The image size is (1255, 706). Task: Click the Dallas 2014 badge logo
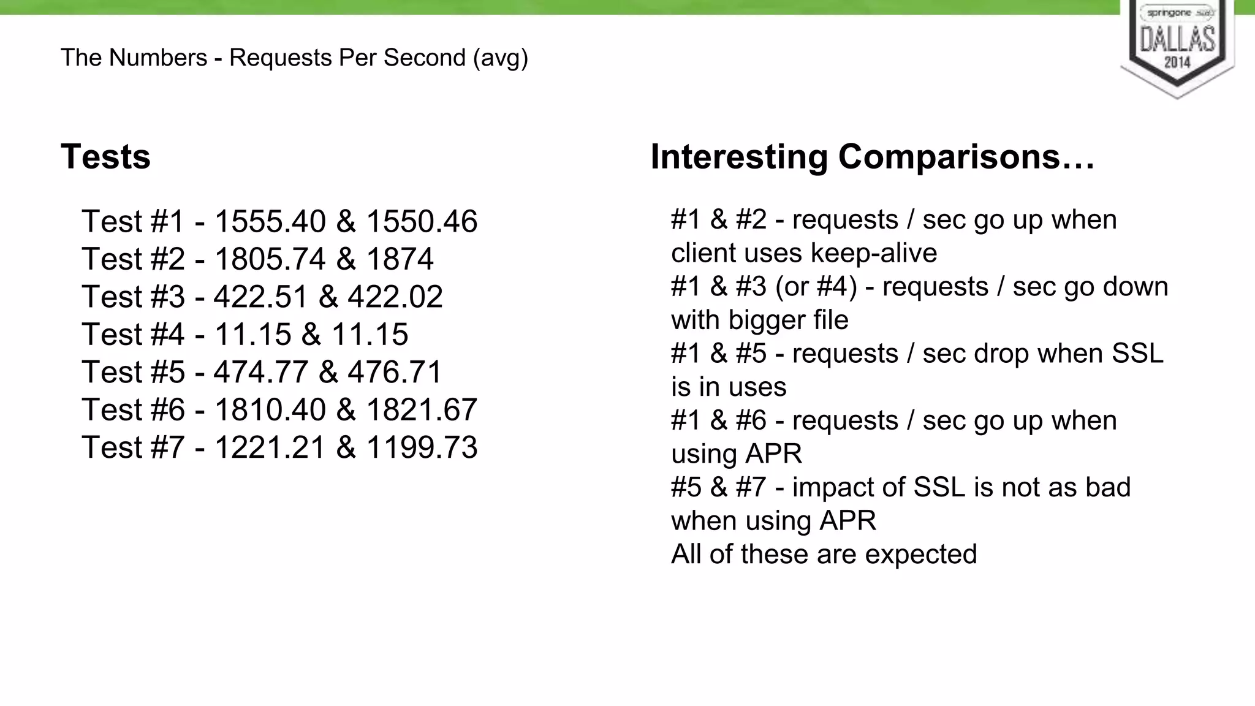(1177, 46)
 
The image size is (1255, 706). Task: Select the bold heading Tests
(105, 156)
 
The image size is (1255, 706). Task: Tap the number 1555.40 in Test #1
(270, 221)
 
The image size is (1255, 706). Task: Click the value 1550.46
(422, 221)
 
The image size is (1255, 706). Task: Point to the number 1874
(400, 259)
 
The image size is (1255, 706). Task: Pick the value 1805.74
(270, 259)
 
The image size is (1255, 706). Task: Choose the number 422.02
(395, 297)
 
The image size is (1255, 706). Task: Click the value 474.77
(260, 372)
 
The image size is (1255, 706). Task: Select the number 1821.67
(422, 409)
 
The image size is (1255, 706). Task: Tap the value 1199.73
(422, 447)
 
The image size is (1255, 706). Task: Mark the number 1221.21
(270, 447)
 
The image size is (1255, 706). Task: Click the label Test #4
(133, 335)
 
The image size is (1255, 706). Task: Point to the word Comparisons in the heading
(966, 156)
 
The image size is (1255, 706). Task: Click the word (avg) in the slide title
(500, 58)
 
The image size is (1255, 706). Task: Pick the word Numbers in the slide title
(159, 58)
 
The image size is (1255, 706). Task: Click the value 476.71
(395, 372)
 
